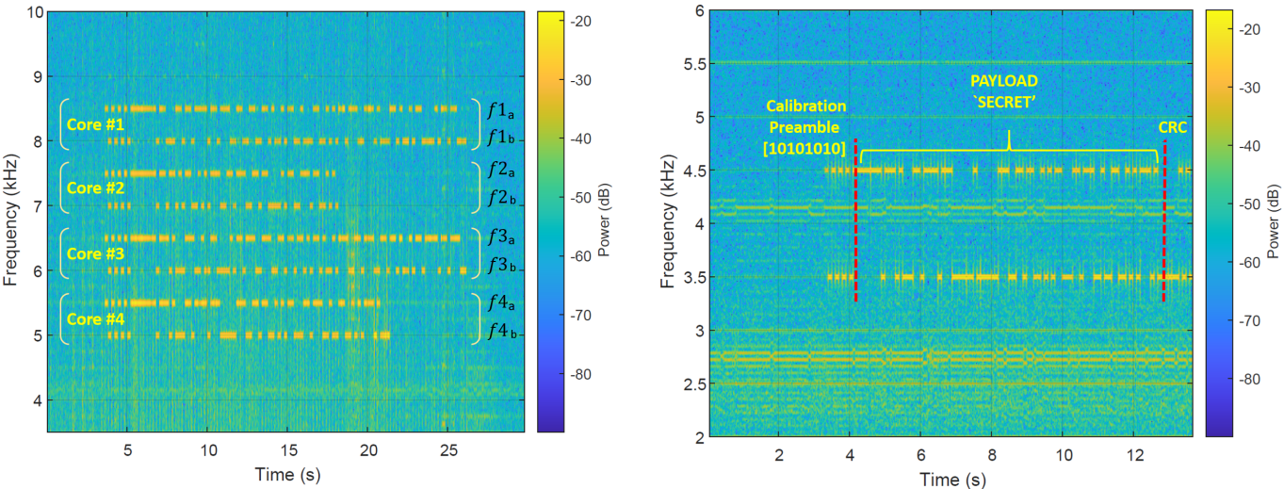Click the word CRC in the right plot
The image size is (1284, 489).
click(x=1172, y=128)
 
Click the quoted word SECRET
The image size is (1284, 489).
click(x=1008, y=104)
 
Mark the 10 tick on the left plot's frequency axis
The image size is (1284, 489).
click(x=29, y=12)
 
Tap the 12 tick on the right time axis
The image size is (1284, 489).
click(x=1135, y=456)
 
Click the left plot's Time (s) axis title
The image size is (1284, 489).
click(x=287, y=474)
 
